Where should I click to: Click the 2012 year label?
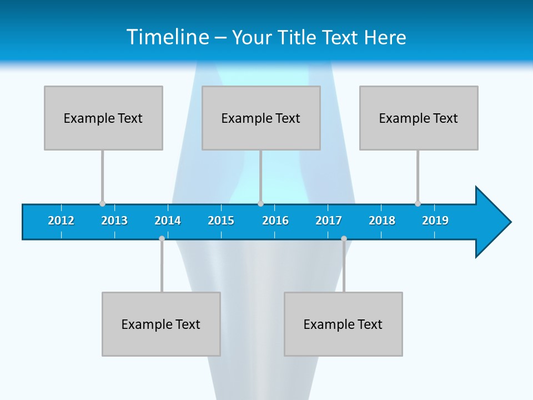click(61, 221)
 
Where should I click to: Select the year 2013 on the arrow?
click(114, 221)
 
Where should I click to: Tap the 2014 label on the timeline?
click(168, 221)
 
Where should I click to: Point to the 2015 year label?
click(221, 221)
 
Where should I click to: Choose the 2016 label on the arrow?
click(275, 221)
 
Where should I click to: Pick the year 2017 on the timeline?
click(329, 221)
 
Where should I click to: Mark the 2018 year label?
click(382, 221)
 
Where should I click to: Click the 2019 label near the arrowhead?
click(435, 221)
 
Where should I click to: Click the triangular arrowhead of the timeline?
click(491, 222)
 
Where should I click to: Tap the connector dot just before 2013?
click(102, 204)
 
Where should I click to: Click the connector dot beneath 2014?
click(162, 239)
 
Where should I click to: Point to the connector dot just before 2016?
click(260, 204)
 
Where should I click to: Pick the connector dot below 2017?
click(344, 239)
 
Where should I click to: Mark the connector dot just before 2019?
click(418, 204)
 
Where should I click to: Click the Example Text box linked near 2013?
click(103, 118)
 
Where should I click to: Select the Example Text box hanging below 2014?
click(161, 324)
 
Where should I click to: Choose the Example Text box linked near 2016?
click(261, 118)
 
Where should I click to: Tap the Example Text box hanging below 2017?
click(343, 324)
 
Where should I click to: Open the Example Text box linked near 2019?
click(419, 118)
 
